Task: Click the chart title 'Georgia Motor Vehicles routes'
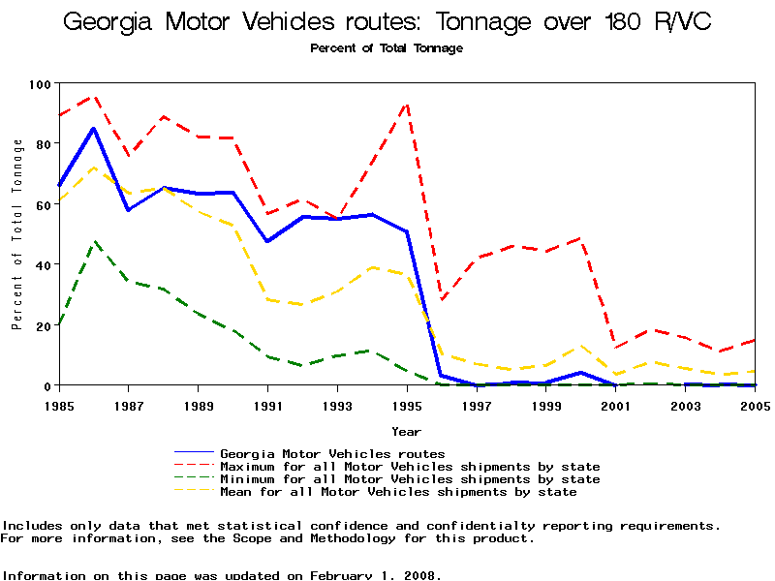tap(387, 21)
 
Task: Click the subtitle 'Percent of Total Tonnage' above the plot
tap(387, 48)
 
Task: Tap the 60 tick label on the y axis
tap(41, 204)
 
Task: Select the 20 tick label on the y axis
tap(41, 325)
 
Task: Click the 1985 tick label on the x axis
tap(60, 405)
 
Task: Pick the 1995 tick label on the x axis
tap(407, 405)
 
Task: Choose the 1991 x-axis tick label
tap(268, 405)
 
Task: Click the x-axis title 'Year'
tap(406, 431)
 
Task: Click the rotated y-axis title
tap(17, 234)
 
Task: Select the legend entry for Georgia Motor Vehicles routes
tap(332, 453)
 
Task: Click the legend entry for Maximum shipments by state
tap(410, 467)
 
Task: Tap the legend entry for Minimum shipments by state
tap(410, 479)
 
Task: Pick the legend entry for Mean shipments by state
tap(398, 492)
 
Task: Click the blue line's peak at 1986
tap(93, 128)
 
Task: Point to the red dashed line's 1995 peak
tap(407, 104)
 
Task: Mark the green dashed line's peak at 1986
tap(93, 242)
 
